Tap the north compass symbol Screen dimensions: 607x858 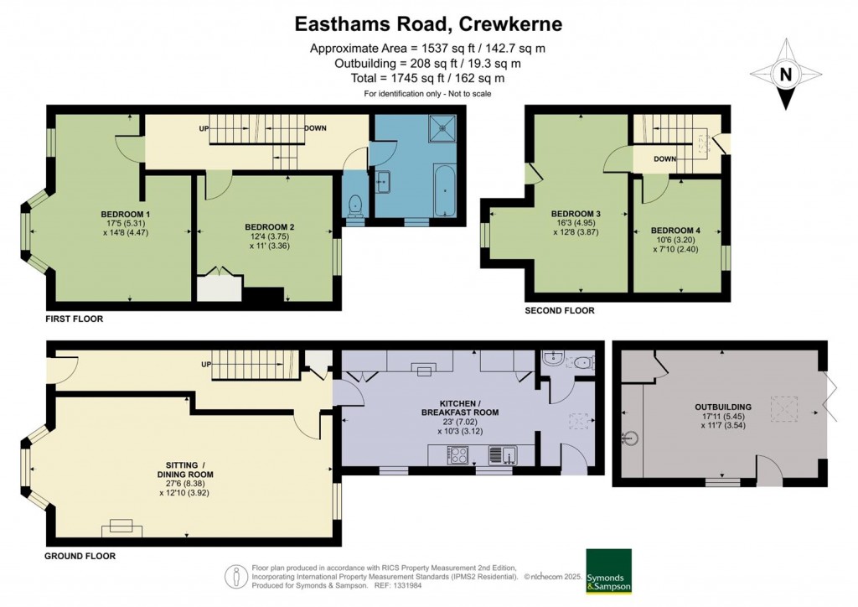[785, 75]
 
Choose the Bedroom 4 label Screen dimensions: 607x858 [675, 231]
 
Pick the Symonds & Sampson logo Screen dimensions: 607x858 [608, 571]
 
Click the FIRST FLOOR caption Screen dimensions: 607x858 [75, 319]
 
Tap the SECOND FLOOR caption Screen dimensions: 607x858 [559, 310]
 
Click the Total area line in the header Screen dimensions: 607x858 [428, 78]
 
